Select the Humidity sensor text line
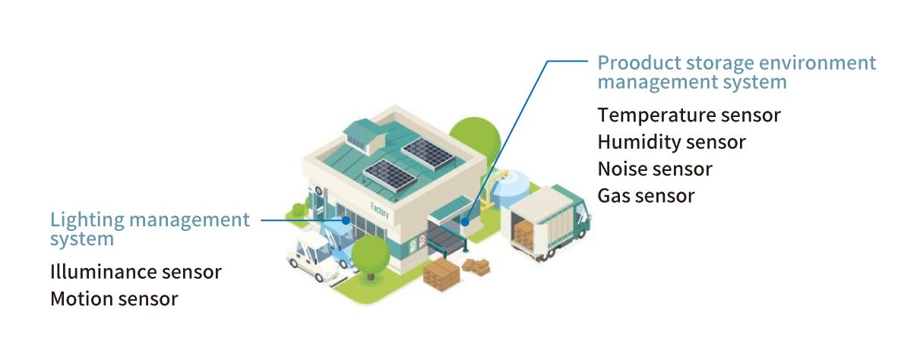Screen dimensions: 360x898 (x=671, y=142)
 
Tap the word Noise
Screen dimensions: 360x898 (x=622, y=169)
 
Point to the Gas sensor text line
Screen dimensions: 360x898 (x=646, y=195)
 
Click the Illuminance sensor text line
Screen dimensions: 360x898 (x=135, y=272)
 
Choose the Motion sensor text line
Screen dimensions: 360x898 (x=114, y=298)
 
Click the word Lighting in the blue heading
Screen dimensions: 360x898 (x=85, y=220)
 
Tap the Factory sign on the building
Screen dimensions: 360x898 (x=379, y=210)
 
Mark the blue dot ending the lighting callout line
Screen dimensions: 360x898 (x=346, y=220)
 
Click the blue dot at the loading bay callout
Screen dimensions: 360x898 (x=463, y=223)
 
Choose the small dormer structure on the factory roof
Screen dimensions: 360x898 (x=363, y=135)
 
